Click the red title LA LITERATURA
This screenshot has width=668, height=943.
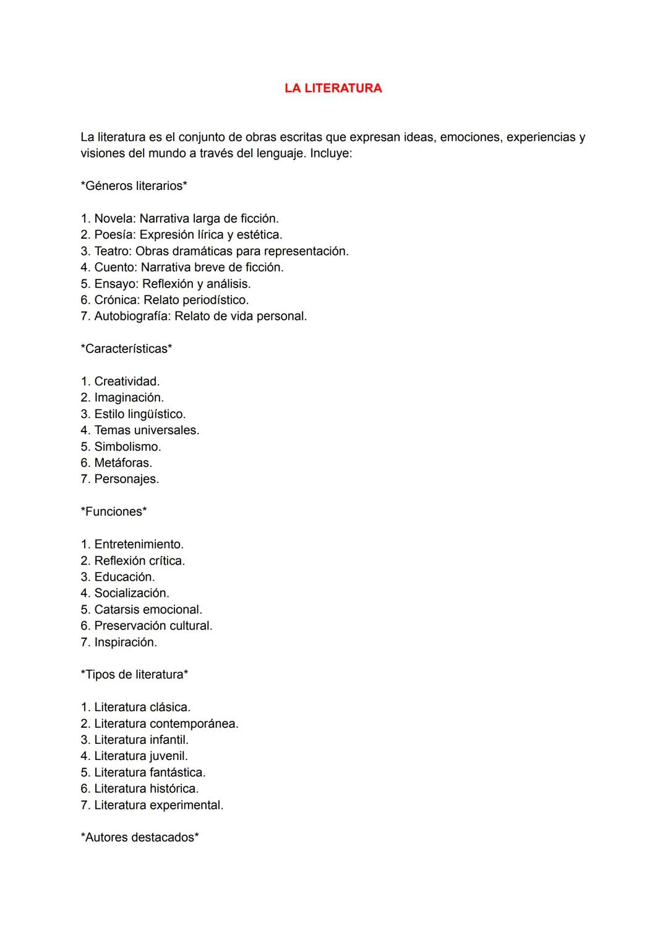click(x=333, y=88)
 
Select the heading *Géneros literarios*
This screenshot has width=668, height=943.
click(x=134, y=186)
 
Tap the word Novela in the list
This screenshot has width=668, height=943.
click(x=114, y=219)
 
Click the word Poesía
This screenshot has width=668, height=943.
click(x=113, y=235)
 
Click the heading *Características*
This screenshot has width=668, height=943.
click(x=126, y=349)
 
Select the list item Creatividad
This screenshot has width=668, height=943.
click(x=126, y=382)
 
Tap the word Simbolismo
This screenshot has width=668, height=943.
click(x=127, y=446)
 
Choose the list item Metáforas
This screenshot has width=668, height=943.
click(x=122, y=463)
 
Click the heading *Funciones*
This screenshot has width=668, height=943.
click(x=114, y=512)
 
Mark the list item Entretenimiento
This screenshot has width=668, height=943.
click(x=139, y=545)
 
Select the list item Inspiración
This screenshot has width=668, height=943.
click(x=125, y=642)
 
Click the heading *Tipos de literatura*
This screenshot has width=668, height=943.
click(x=134, y=675)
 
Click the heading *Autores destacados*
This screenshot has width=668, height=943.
click(x=140, y=838)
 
